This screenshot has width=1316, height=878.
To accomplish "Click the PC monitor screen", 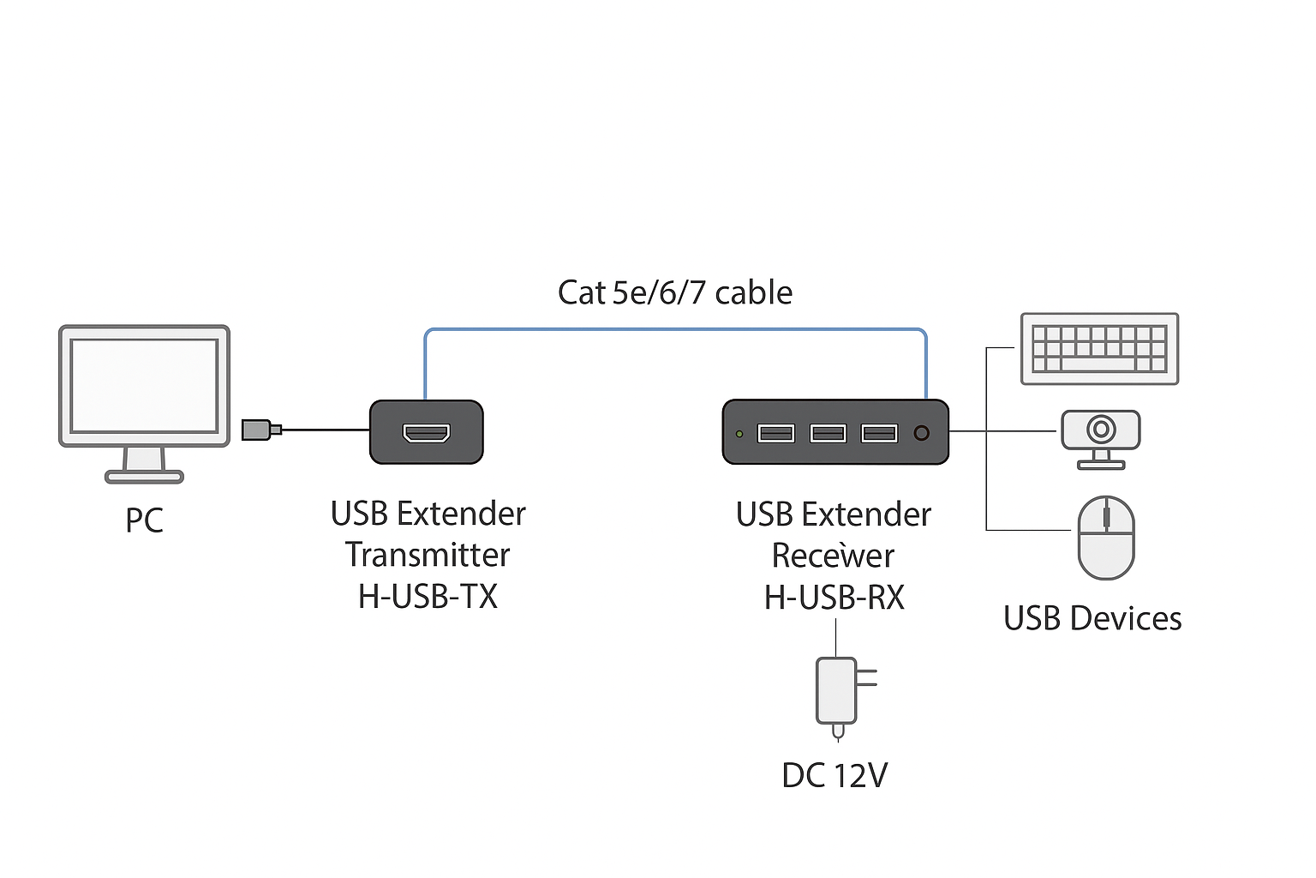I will pyautogui.click(x=144, y=385).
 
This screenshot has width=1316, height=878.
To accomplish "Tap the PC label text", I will pyautogui.click(x=144, y=520).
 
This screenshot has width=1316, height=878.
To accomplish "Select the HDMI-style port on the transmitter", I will pyautogui.click(x=427, y=432).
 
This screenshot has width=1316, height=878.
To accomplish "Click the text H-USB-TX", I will pyautogui.click(x=428, y=596).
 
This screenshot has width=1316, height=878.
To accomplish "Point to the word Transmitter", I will pyautogui.click(x=428, y=555).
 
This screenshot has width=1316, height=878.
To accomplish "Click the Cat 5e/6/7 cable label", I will pyautogui.click(x=675, y=293).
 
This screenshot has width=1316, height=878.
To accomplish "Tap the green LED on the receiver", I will pyautogui.click(x=739, y=434).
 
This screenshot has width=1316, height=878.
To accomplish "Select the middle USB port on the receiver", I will pyautogui.click(x=828, y=433).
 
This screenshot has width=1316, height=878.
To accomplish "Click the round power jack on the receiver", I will pyautogui.click(x=922, y=433).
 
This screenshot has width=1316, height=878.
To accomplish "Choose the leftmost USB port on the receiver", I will pyautogui.click(x=776, y=433).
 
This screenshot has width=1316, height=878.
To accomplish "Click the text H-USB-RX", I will pyautogui.click(x=834, y=597).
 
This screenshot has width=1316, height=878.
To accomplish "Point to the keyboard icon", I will pyautogui.click(x=1099, y=348).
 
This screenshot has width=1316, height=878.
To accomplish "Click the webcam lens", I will pyautogui.click(x=1101, y=429).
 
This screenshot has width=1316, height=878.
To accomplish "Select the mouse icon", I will pyautogui.click(x=1106, y=538).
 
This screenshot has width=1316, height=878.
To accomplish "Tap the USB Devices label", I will pyautogui.click(x=1092, y=618).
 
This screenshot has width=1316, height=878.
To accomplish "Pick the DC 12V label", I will pyautogui.click(x=834, y=775).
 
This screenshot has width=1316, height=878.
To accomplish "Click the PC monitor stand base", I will pyautogui.click(x=144, y=477).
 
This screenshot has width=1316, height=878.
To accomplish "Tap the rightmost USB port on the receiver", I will pyautogui.click(x=879, y=433).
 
